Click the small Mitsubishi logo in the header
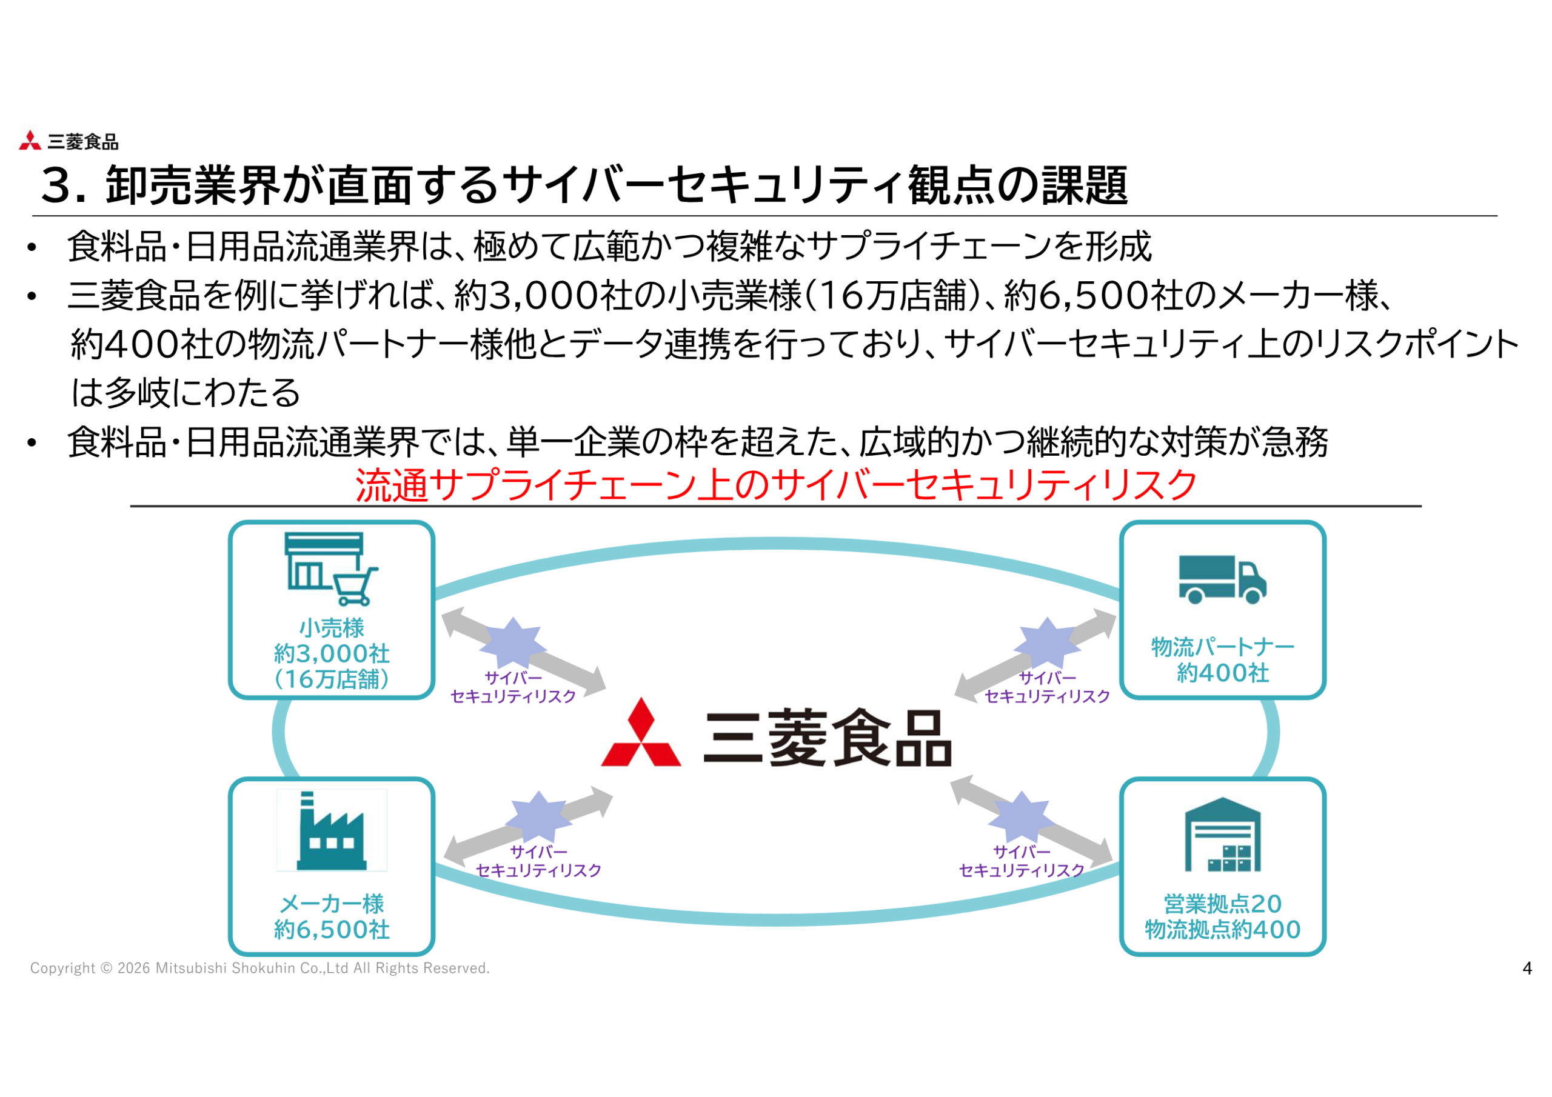(30, 141)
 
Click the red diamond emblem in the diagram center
(641, 735)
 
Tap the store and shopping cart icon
(331, 569)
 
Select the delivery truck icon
(1222, 579)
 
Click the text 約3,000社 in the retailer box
(331, 653)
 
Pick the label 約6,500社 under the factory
(331, 930)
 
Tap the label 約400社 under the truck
(1222, 673)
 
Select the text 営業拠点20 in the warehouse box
(1222, 904)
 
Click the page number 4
(1527, 969)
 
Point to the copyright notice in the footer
(259, 969)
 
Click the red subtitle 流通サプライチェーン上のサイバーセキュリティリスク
(775, 485)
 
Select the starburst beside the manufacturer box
(538, 816)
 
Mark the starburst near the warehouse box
(1021, 816)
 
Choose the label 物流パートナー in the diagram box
(1222, 647)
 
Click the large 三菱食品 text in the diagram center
(828, 738)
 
